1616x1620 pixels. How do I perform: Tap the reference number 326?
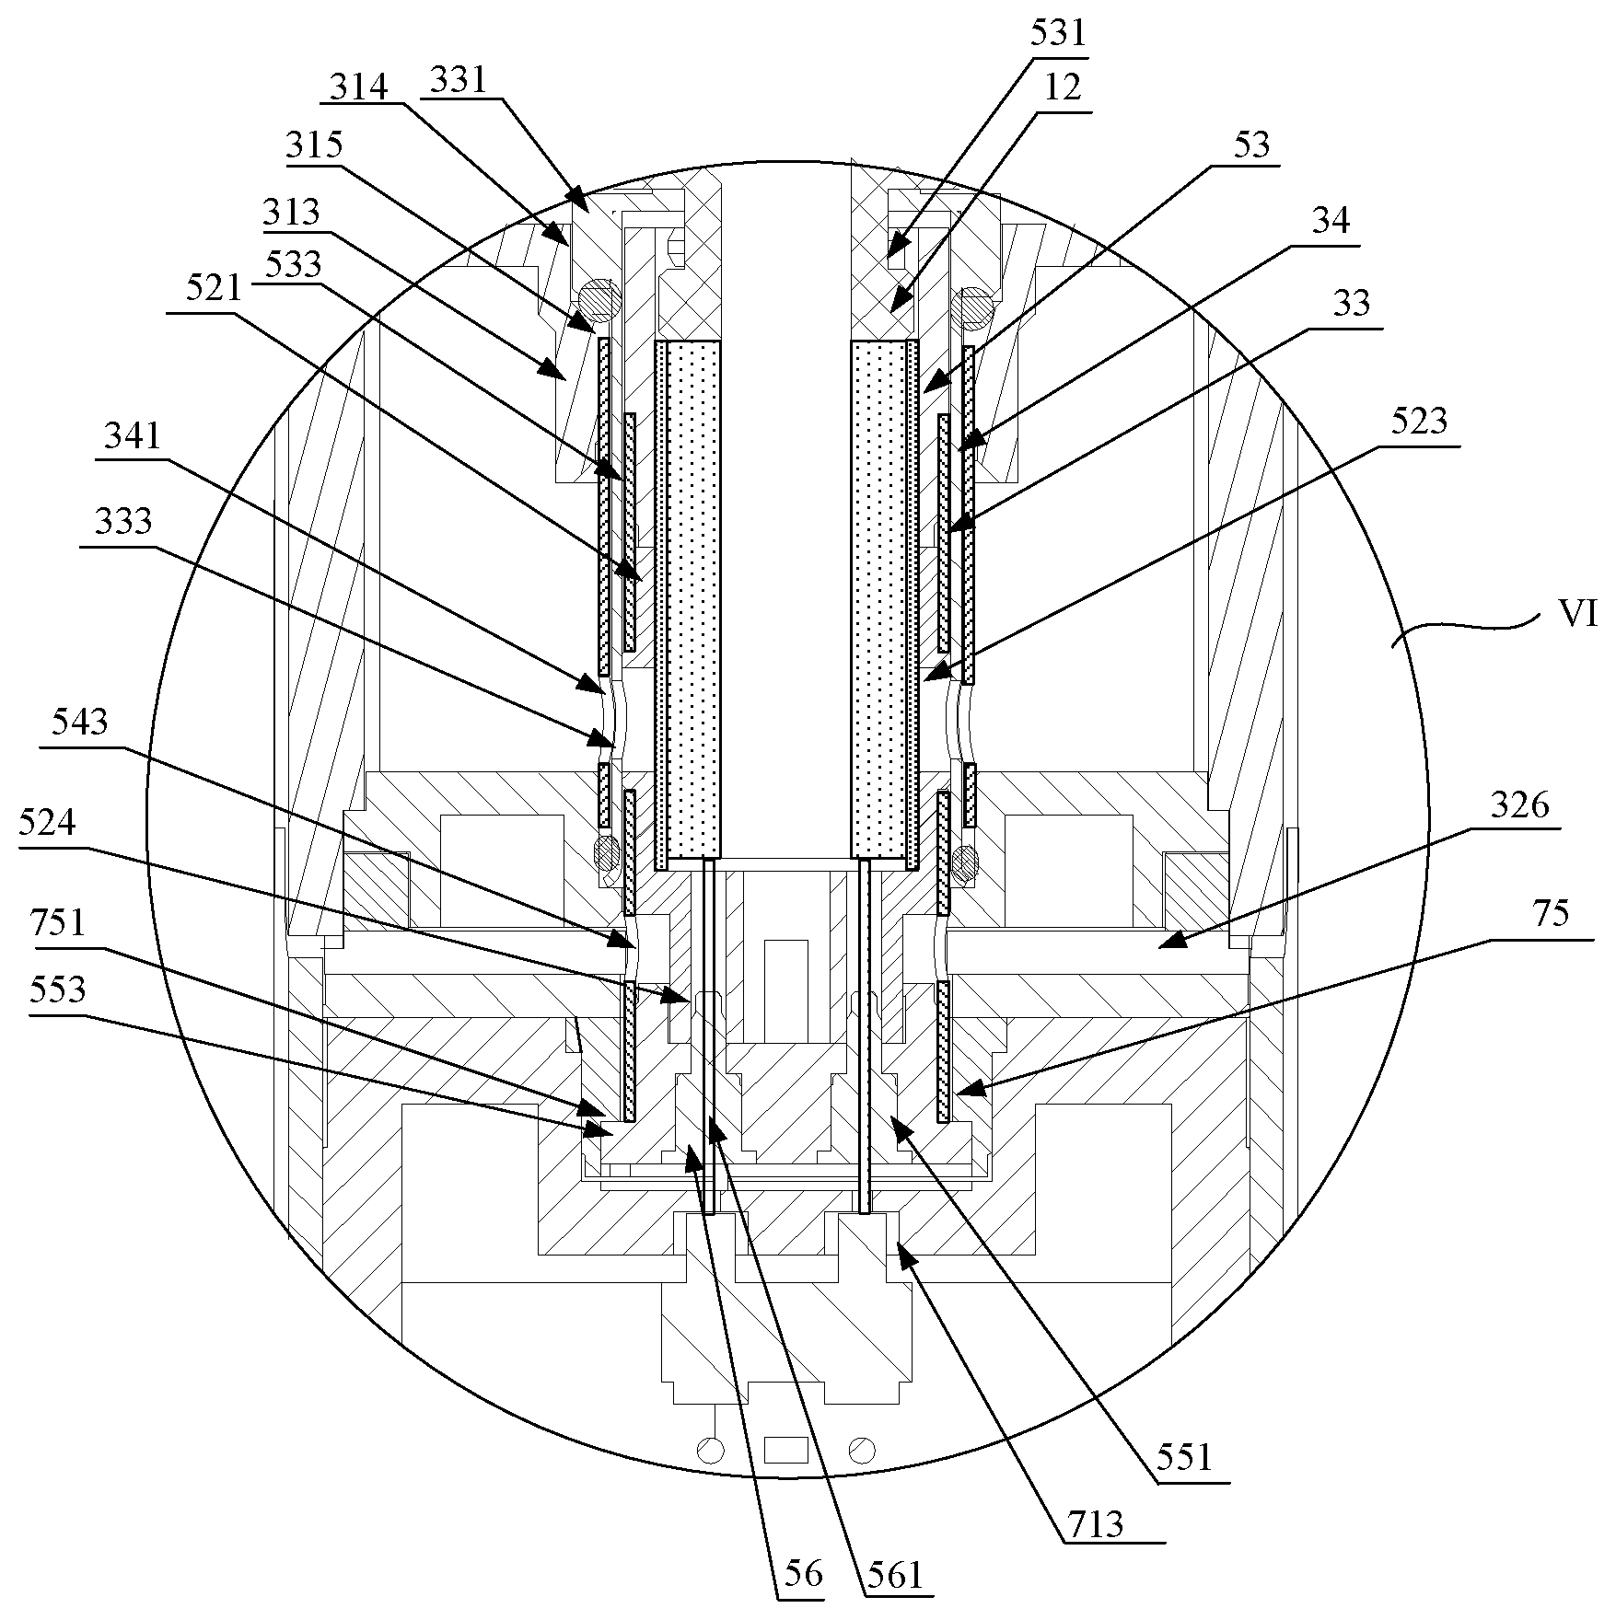tap(1520, 806)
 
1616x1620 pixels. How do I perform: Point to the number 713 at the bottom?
tap(1097, 1525)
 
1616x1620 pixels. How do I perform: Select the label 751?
tap(58, 921)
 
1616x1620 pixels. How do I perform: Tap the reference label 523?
tap(1418, 422)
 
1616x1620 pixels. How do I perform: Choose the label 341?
tap(133, 436)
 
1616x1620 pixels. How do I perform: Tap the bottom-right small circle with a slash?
tap(863, 1450)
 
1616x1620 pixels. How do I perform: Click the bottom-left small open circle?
tap(710, 1451)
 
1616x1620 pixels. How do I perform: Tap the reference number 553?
tap(58, 990)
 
